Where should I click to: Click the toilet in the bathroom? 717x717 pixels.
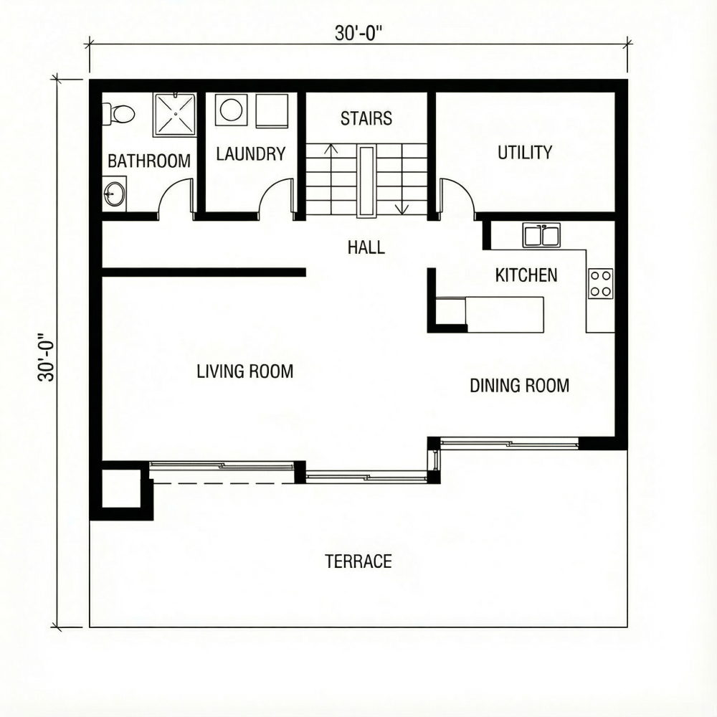pos(118,113)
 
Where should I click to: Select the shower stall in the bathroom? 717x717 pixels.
pos(175,115)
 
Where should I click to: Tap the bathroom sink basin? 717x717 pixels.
pos(114,194)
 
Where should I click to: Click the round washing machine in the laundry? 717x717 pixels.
pos(232,110)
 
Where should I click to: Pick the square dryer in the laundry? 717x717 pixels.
pos(272,111)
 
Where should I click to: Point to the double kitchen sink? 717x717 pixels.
pos(541,235)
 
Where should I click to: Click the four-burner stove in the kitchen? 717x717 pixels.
pos(600,283)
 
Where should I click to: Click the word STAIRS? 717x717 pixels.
pos(366,118)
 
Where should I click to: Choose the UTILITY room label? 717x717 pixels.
pos(525,152)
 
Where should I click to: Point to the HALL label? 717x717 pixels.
pos(366,247)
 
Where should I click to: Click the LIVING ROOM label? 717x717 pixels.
pos(245,371)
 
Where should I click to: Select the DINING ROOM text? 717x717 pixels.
pos(519,386)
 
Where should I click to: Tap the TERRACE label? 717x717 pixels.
pos(358,561)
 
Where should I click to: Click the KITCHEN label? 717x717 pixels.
pos(526,275)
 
